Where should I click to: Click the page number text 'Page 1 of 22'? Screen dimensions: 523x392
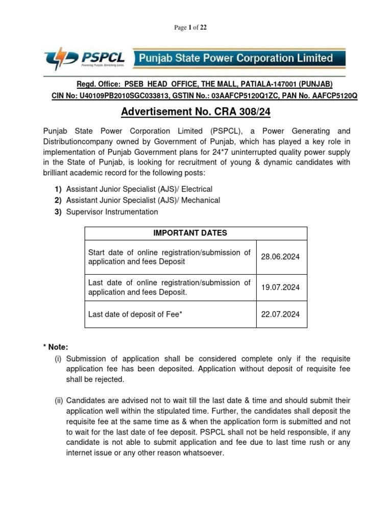tap(190, 28)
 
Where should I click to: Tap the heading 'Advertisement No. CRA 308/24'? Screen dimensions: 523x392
tap(196, 111)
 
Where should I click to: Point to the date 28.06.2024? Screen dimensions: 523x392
tap(280, 257)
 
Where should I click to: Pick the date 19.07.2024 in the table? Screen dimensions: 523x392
tap(280, 288)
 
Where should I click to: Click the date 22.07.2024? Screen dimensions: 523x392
tap(280, 315)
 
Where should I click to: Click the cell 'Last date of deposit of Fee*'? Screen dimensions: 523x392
tap(135, 315)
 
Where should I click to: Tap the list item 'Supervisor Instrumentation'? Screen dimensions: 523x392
tap(112, 211)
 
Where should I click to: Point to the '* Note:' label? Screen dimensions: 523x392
tap(56, 347)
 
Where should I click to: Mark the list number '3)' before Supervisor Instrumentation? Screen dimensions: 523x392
tap(58, 211)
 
